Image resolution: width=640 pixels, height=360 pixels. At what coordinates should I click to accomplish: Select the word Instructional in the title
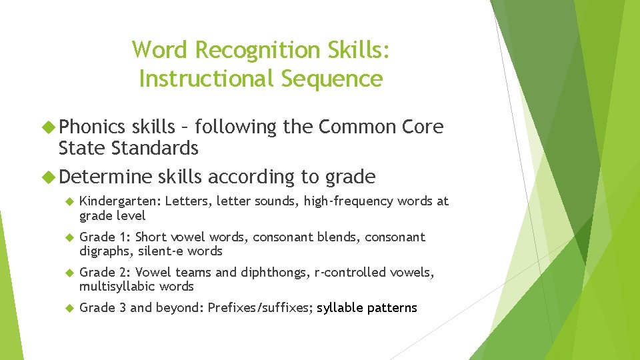point(207,79)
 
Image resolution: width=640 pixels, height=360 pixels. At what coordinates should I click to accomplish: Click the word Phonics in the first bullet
point(92,127)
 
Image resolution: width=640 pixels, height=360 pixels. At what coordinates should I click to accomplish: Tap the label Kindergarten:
point(120,201)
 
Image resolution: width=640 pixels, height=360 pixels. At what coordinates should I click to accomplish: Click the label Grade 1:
point(105,237)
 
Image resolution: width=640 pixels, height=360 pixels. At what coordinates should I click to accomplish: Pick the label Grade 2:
point(105,272)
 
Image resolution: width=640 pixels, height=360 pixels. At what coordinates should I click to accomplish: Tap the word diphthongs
point(271,272)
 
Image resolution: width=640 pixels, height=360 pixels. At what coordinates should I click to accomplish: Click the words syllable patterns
point(367,308)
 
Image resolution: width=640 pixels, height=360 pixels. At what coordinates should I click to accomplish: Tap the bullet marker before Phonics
point(50,127)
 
